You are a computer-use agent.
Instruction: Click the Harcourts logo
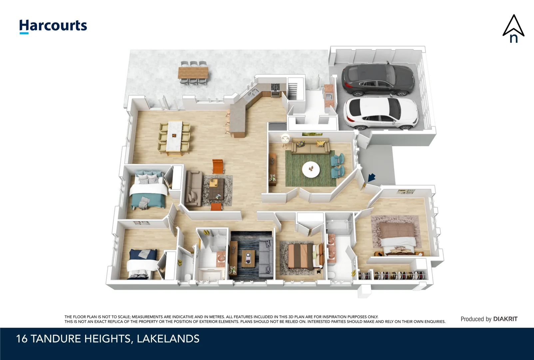point(53,26)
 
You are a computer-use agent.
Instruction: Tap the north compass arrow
point(513,29)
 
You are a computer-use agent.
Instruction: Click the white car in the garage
point(381,113)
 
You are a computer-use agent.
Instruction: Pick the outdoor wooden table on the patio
point(193,72)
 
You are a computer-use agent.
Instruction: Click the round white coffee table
point(311,169)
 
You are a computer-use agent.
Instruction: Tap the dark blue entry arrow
point(371,178)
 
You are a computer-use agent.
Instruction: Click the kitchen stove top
point(275,87)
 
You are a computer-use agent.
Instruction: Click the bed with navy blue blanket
point(142,263)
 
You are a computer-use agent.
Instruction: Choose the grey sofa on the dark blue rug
point(266,259)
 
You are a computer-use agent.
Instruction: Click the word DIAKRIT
point(505,319)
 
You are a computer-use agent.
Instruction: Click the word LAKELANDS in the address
point(168,339)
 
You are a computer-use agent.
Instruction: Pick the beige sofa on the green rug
point(310,147)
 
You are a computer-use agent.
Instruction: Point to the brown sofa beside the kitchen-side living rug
point(194,189)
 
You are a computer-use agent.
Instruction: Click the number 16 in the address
point(22,339)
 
